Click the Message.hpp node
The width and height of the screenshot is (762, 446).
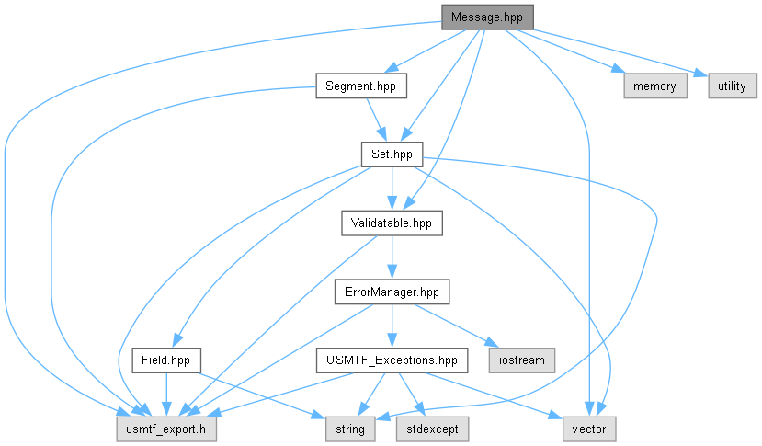(x=487, y=17)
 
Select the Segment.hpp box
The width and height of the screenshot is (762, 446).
(x=361, y=86)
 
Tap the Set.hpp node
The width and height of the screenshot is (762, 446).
(x=392, y=154)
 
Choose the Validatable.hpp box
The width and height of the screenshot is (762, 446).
(x=392, y=223)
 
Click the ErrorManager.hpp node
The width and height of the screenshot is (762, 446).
(x=392, y=292)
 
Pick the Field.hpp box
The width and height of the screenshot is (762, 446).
(x=166, y=360)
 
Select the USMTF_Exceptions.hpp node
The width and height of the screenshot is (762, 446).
(x=392, y=360)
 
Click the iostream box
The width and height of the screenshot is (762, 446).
(x=522, y=360)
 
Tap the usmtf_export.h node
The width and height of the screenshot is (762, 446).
(x=166, y=429)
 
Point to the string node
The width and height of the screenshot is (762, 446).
(x=350, y=429)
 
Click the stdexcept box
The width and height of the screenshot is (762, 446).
(x=433, y=429)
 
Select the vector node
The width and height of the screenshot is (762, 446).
(x=589, y=429)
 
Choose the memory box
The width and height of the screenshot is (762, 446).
(x=655, y=86)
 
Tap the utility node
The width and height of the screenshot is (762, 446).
(x=733, y=86)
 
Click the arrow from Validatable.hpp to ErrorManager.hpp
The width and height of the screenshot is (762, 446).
(x=392, y=257)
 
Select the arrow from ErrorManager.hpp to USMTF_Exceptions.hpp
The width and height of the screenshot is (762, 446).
(x=392, y=326)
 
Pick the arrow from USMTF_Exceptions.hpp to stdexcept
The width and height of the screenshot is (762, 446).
(x=412, y=395)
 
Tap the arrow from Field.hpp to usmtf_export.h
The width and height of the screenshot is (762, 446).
(x=166, y=395)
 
